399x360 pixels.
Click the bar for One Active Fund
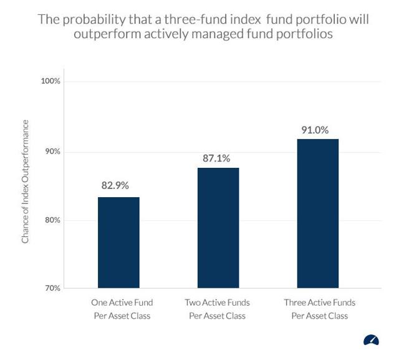118,243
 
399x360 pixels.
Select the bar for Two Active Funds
218,228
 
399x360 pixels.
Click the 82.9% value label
115,186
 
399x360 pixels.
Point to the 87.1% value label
216,158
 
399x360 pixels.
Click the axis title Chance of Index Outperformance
26,182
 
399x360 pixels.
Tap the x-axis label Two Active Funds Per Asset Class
217,309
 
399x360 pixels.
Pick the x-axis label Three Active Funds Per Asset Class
319,309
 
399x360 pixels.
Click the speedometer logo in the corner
371,341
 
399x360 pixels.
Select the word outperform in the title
105,34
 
